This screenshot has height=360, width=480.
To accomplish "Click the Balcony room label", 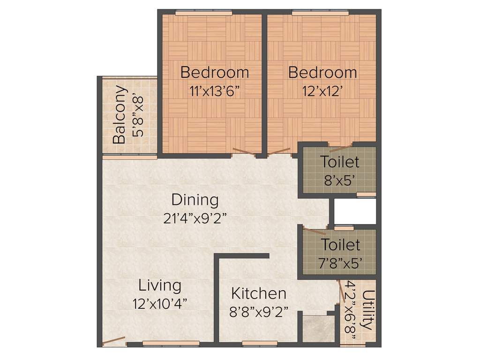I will [x=119, y=114].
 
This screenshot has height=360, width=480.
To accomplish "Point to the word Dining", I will [x=195, y=200].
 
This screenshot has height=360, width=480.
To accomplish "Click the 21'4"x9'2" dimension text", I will [x=195, y=218].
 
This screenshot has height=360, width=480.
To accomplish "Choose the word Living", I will [x=160, y=285].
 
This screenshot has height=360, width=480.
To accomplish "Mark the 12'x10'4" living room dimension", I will [x=160, y=303].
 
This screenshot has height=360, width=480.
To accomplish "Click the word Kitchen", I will [x=259, y=293].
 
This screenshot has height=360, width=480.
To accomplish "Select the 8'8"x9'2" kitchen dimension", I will [x=259, y=312].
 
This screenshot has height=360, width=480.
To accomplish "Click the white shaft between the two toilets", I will [x=355, y=211].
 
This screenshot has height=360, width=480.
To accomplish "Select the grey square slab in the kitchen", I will [x=318, y=329].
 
